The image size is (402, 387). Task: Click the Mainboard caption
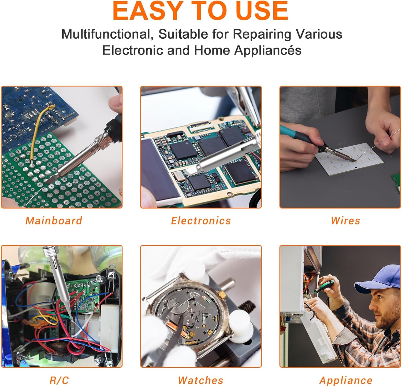54,221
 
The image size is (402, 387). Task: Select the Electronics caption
201,221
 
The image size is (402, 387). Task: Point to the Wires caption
345,221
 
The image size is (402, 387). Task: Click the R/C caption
59,380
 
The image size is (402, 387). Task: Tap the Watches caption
201,380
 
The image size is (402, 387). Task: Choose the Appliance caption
346,380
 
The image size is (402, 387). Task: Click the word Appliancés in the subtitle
268,50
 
